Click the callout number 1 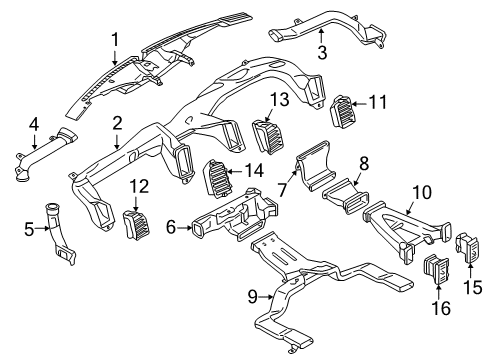(116, 39)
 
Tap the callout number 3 (322, 51)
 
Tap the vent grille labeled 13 (267, 133)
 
